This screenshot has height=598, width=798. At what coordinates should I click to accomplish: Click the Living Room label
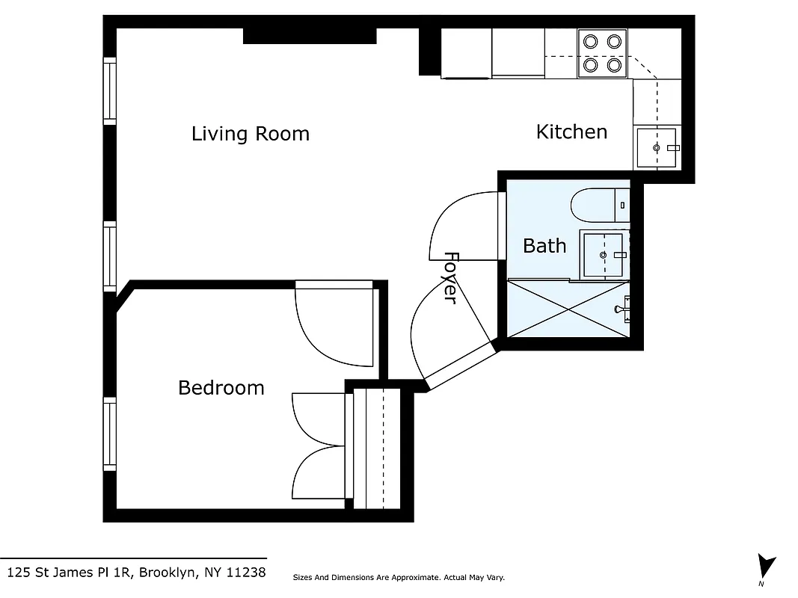(x=250, y=134)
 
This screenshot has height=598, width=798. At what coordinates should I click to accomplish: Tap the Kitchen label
(x=571, y=132)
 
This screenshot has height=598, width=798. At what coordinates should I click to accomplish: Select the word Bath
(x=544, y=246)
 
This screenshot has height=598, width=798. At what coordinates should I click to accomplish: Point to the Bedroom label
(x=221, y=388)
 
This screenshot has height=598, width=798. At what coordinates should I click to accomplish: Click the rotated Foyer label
(x=450, y=277)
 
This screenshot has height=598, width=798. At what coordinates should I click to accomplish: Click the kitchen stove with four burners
(x=603, y=53)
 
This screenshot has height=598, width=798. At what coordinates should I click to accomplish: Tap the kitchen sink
(x=657, y=148)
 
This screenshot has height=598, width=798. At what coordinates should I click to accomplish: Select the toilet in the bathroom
(x=598, y=205)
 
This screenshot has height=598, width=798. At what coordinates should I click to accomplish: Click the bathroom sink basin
(x=603, y=254)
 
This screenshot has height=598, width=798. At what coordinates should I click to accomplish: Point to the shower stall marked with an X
(x=568, y=308)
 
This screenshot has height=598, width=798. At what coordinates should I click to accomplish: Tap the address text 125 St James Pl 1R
(x=69, y=573)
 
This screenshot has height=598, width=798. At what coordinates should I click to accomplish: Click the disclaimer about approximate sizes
(x=399, y=578)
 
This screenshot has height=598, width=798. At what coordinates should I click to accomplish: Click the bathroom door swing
(x=462, y=226)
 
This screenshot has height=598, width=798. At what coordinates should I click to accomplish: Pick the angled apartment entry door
(x=456, y=366)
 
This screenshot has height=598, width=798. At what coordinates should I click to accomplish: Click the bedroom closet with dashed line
(x=378, y=447)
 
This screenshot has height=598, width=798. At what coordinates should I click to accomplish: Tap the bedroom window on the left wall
(x=110, y=436)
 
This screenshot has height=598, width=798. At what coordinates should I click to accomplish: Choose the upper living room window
(x=110, y=91)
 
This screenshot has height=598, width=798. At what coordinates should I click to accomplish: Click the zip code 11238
(x=248, y=573)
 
